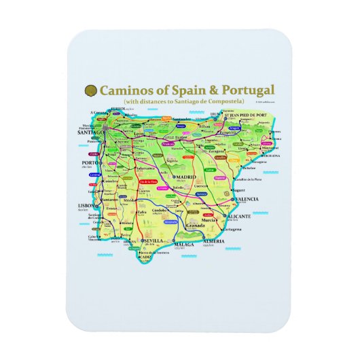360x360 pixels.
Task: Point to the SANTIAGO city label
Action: point(86,133)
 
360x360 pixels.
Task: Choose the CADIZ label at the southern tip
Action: point(145,257)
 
